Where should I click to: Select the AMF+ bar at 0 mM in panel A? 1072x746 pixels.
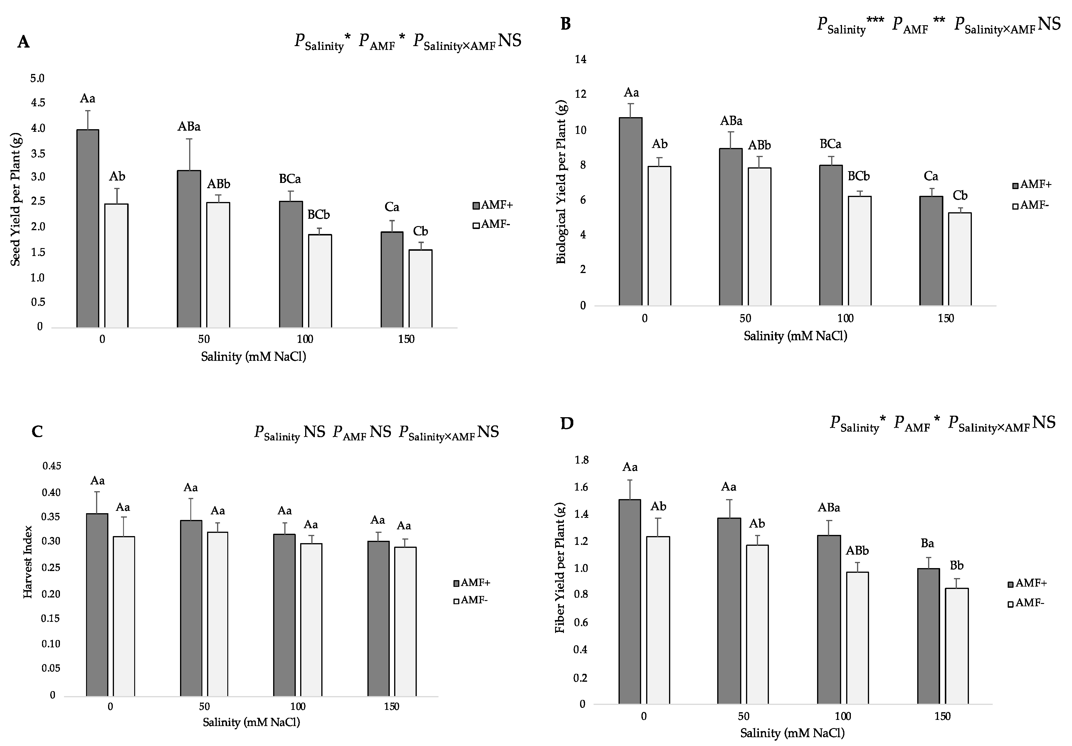(88, 228)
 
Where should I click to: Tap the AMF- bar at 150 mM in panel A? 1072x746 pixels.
(420, 289)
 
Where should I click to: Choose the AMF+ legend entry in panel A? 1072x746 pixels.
(493, 206)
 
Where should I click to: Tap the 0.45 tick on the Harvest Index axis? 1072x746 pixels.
(51, 466)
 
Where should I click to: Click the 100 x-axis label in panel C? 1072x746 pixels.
(298, 707)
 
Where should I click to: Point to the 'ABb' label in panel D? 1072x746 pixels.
(857, 551)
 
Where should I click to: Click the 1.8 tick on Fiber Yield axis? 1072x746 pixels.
(582, 461)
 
